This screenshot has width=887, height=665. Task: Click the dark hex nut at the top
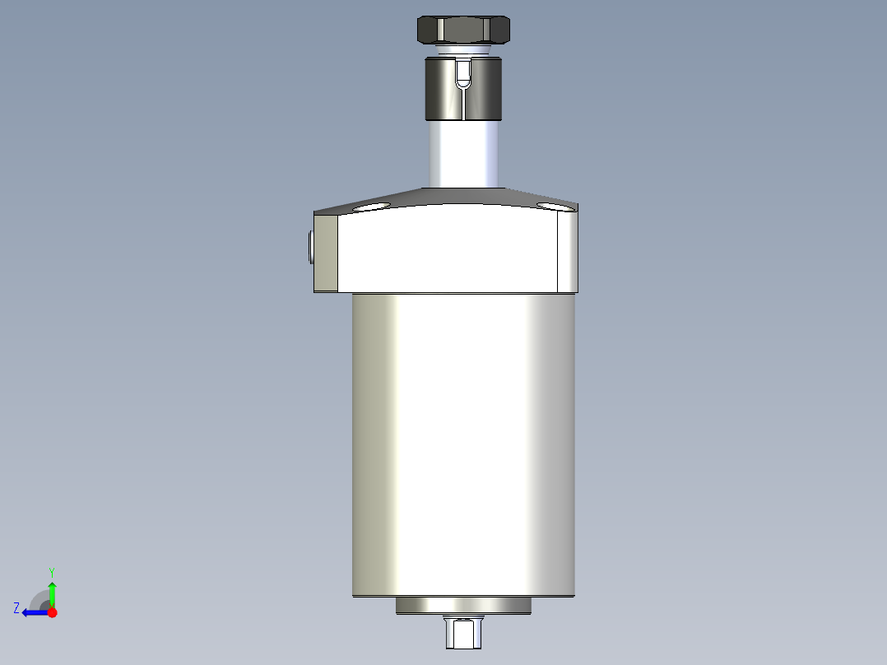(x=464, y=30)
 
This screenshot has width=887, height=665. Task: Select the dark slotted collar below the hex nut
(x=440, y=89)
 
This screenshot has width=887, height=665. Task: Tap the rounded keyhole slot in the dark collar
(x=464, y=74)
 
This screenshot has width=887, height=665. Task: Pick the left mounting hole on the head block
(x=372, y=207)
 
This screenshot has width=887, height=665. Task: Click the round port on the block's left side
(x=309, y=246)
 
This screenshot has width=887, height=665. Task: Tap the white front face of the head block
(x=448, y=251)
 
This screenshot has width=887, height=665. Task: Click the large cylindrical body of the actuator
(x=463, y=444)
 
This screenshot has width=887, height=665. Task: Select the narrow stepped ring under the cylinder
(x=463, y=606)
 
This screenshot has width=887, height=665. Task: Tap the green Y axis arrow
(x=52, y=593)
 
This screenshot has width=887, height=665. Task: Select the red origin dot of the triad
(x=52, y=612)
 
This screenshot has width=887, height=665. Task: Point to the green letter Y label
(x=51, y=571)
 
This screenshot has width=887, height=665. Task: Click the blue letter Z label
(x=16, y=607)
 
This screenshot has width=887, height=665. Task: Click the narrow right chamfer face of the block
(x=568, y=251)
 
